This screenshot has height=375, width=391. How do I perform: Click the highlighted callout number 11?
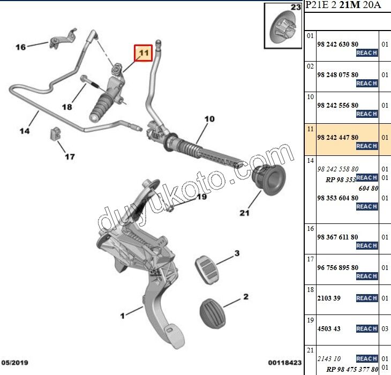click(x=143, y=53)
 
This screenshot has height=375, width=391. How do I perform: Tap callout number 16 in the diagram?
click(x=20, y=47)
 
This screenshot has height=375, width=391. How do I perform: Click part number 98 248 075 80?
click(x=337, y=74)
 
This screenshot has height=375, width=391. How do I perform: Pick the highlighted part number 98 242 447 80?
click(x=337, y=138)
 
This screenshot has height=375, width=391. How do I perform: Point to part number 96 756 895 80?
click(x=337, y=267)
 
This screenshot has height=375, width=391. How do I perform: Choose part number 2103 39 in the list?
click(x=329, y=298)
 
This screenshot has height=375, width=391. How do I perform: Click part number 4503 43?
click(x=329, y=328)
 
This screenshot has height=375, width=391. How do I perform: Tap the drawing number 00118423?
click(x=285, y=362)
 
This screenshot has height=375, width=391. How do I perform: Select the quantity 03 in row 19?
click(x=385, y=328)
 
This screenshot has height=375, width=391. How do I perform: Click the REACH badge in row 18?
click(x=366, y=298)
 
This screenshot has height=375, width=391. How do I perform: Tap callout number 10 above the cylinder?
click(x=209, y=118)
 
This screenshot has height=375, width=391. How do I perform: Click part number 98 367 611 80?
click(x=337, y=237)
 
